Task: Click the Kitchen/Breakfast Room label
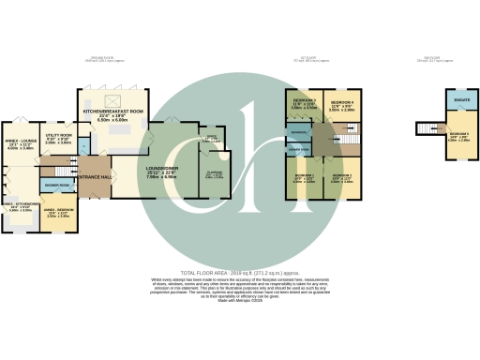113,112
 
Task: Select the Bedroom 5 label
459,136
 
